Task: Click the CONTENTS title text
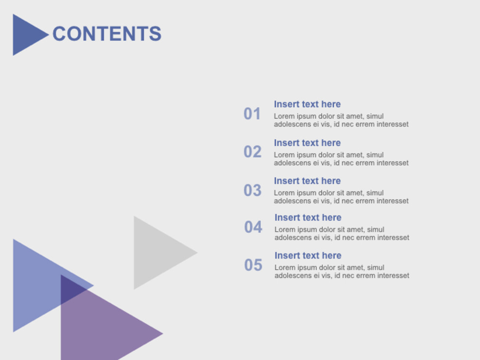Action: click(x=107, y=34)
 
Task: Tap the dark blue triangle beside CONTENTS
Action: click(x=28, y=35)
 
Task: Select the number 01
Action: click(x=252, y=114)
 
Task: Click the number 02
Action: click(x=253, y=152)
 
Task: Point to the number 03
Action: click(x=253, y=190)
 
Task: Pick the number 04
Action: click(x=253, y=227)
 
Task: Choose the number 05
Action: click(x=253, y=265)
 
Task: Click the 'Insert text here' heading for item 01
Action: click(x=308, y=104)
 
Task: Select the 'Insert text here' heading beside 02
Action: click(x=308, y=143)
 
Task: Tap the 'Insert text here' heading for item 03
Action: click(x=308, y=181)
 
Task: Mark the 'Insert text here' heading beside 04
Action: click(x=308, y=217)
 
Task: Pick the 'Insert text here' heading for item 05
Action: click(x=308, y=256)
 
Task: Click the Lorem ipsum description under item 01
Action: click(x=342, y=120)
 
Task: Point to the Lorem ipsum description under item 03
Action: click(x=342, y=197)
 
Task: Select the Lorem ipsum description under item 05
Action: click(x=342, y=272)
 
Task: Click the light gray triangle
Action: click(x=156, y=253)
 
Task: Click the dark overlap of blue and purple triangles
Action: click(x=72, y=289)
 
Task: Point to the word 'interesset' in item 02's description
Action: click(x=393, y=163)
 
